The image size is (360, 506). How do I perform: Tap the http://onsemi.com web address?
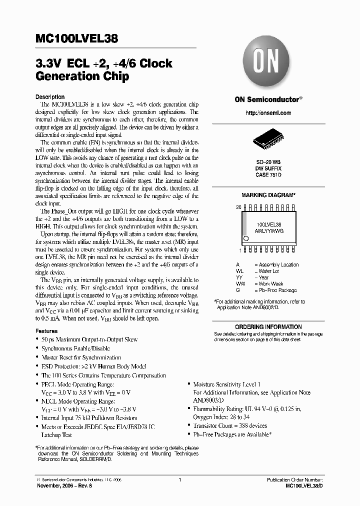(x=268, y=113)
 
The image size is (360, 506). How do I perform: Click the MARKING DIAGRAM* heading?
(x=268, y=195)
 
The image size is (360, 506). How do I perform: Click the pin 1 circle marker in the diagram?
(x=245, y=238)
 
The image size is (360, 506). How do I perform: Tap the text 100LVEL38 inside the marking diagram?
(x=269, y=225)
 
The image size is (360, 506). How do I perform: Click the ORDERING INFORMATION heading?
(x=268, y=327)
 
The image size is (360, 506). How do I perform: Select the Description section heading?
(x=49, y=97)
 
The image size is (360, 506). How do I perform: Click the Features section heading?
(x=46, y=331)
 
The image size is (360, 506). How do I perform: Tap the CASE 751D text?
(x=268, y=175)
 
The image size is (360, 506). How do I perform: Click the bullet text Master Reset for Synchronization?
(x=81, y=357)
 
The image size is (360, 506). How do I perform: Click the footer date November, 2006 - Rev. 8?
(x=65, y=485)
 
